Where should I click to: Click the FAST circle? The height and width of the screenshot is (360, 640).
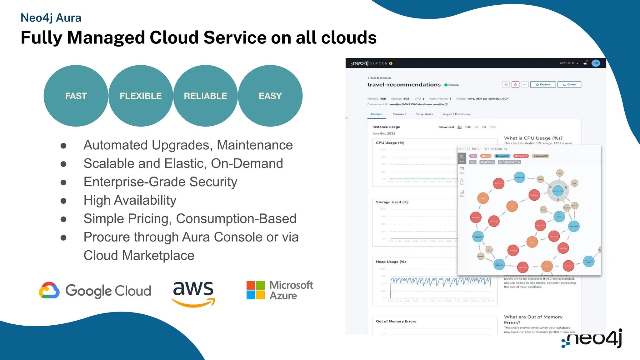(76, 96)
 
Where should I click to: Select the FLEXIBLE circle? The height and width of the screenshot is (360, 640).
(141, 96)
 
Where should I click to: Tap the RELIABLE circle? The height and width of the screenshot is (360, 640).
(205, 96)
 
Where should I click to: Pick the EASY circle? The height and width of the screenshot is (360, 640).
(270, 96)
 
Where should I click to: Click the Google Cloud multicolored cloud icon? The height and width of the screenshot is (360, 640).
(49, 291)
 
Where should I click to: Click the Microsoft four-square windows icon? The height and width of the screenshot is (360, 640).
(255, 290)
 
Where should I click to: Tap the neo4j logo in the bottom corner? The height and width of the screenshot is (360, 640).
(592, 339)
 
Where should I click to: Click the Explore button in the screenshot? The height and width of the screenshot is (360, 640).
(543, 85)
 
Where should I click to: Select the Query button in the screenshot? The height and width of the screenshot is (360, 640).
(569, 85)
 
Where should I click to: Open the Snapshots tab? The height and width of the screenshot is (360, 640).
(424, 114)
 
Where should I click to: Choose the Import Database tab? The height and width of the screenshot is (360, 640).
(456, 114)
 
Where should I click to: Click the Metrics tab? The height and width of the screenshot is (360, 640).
(377, 114)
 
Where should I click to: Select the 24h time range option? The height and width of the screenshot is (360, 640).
(468, 127)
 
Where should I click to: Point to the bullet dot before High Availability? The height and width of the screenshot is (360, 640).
(63, 201)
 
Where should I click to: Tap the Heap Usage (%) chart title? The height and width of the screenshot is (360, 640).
(391, 262)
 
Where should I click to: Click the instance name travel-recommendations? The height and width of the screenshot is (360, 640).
(404, 85)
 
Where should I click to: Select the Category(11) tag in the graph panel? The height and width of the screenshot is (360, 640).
(540, 156)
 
